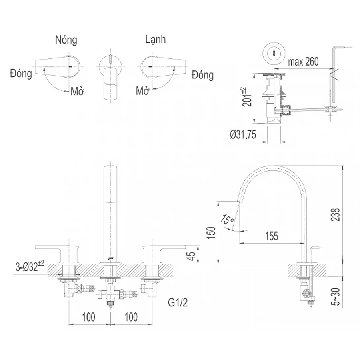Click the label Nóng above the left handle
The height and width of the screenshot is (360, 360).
pyautogui.click(x=66, y=40)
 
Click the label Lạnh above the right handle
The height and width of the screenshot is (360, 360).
pyautogui.click(x=156, y=39)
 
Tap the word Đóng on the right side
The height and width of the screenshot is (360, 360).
pyautogui.click(x=202, y=75)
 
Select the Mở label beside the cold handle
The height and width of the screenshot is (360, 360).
pyautogui.click(x=142, y=90)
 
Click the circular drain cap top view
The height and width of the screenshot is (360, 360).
pyautogui.click(x=274, y=52)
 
